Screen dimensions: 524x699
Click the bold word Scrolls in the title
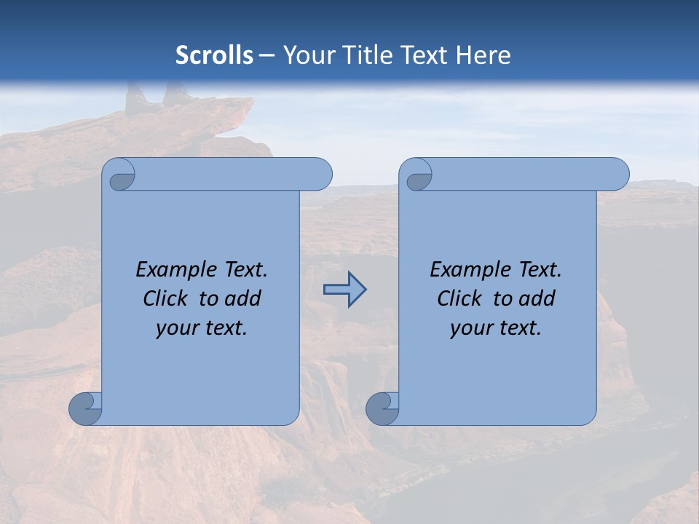[x=215, y=55]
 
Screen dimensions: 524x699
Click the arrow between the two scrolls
[x=345, y=290]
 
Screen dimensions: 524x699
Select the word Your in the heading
[x=306, y=55]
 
